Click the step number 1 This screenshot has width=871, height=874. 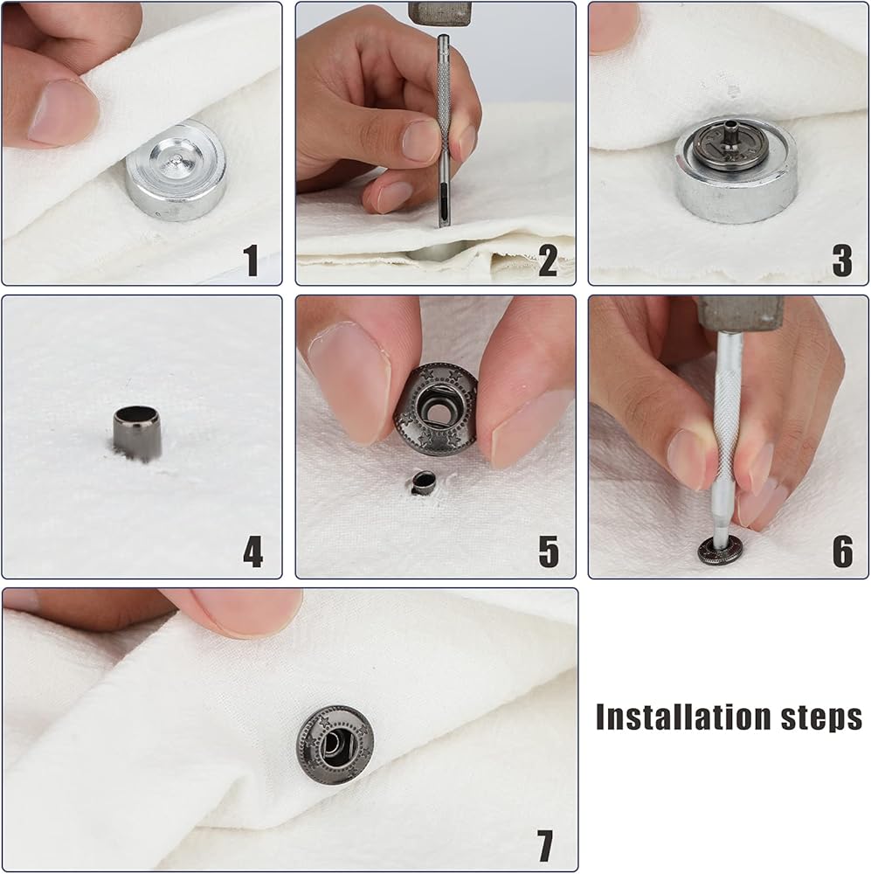click(x=251, y=260)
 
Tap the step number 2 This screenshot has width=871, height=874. click(x=548, y=260)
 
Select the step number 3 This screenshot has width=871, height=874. click(x=842, y=260)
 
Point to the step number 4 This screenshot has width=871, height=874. click(x=253, y=551)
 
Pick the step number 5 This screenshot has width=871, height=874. click(x=549, y=551)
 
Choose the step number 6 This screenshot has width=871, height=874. click(x=842, y=551)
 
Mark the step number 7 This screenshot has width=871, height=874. click(x=544, y=845)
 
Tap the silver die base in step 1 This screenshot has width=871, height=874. click(x=176, y=170)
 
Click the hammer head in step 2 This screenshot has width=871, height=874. click(x=440, y=13)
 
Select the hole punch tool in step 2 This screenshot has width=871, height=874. click(x=444, y=131)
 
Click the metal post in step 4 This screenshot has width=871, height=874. click(x=137, y=434)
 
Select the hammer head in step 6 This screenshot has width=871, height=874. click(x=740, y=313)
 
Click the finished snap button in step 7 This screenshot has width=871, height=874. click(x=335, y=745)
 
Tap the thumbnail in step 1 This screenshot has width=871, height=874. click(x=61, y=112)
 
